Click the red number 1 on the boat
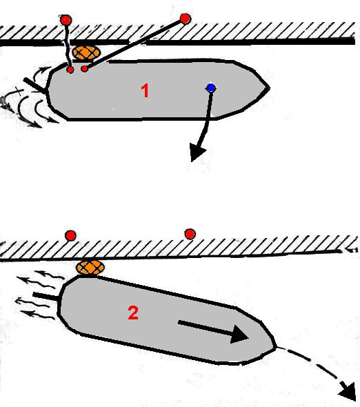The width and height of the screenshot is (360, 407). point(145,90)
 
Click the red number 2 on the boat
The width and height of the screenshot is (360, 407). point(133,312)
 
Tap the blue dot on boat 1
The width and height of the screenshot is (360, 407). point(211,88)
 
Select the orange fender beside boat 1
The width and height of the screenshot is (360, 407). point(86,53)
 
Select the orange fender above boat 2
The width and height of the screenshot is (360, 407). point(90,268)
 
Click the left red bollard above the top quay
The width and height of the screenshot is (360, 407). point(66,20)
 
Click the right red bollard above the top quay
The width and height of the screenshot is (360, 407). point(185,19)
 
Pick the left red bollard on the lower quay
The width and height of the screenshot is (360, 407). point(70,235)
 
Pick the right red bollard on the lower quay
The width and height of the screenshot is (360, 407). point(190,234)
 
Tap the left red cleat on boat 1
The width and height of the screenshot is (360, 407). point(70,70)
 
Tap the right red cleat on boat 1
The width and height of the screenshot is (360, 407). point(84,69)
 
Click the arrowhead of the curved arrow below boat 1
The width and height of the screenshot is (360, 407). point(197,155)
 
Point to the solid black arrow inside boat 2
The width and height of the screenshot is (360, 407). point(213,331)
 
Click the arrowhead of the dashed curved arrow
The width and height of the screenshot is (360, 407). point(348,390)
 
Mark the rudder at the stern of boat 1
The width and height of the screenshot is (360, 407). point(35,86)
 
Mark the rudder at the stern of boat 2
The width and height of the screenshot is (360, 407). point(47,296)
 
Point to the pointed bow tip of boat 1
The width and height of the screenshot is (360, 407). point(269,88)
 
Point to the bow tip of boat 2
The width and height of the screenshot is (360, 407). point(276,347)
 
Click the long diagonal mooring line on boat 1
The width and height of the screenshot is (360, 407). point(134,43)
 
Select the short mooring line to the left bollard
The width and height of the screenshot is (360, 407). point(68,45)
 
